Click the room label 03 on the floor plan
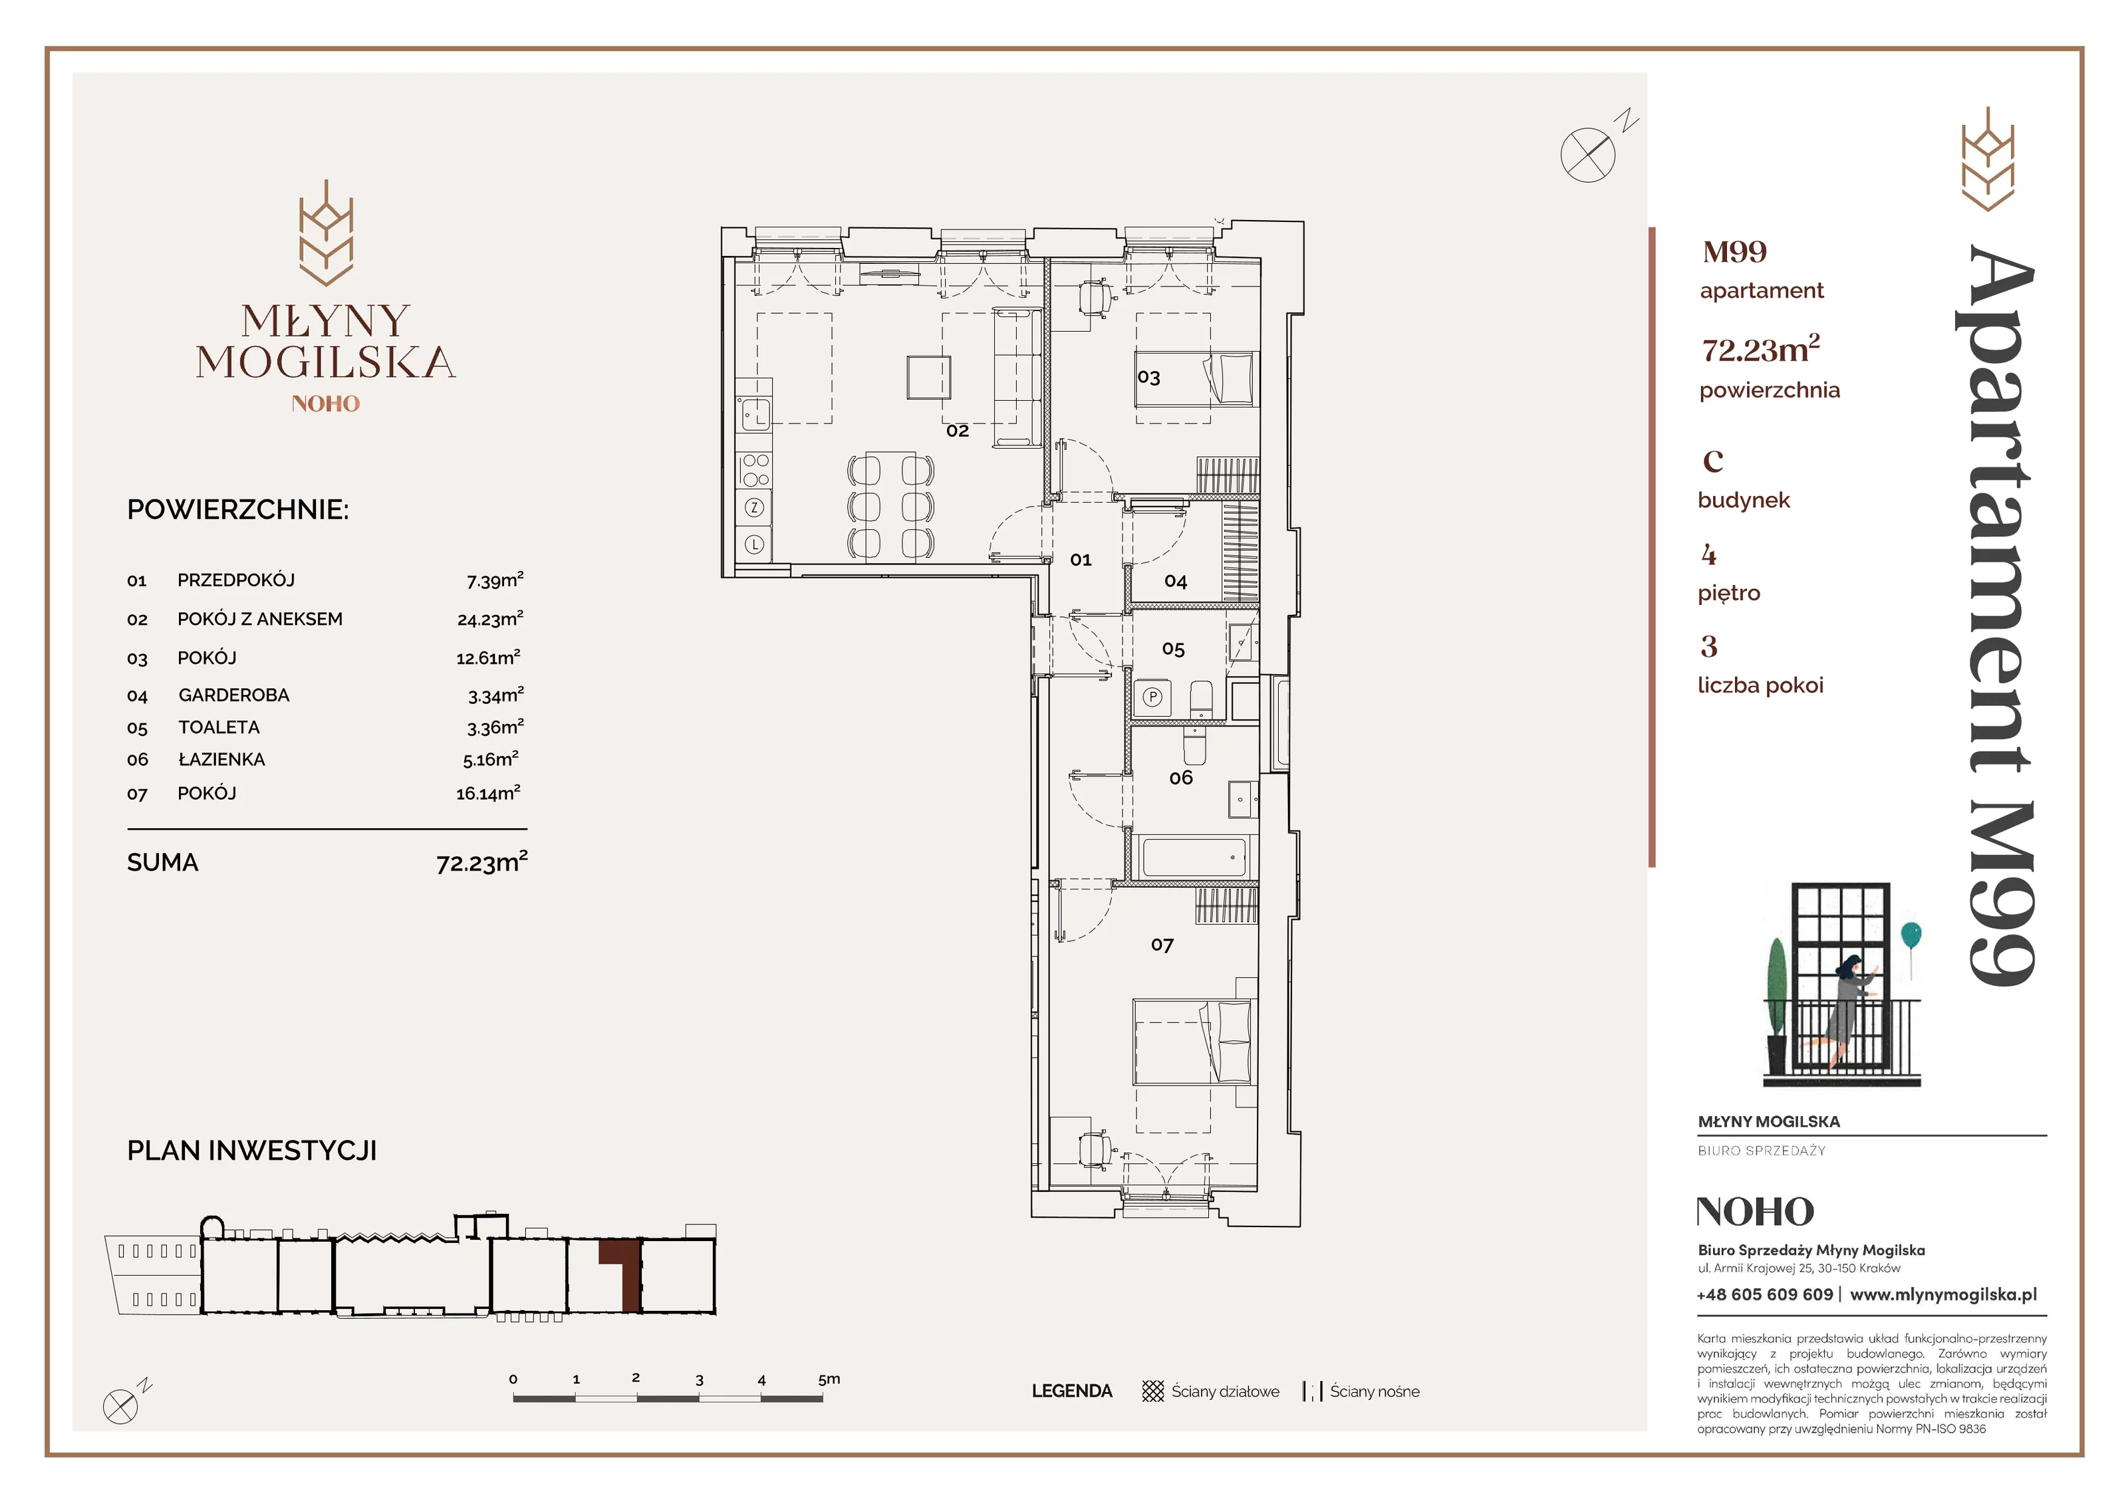pyautogui.click(x=1148, y=377)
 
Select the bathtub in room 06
pyautogui.click(x=1194, y=857)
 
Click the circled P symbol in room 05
pyautogui.click(x=1152, y=697)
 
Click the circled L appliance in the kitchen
pyautogui.click(x=754, y=545)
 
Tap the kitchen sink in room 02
pyautogui.click(x=754, y=414)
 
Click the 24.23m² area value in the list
pyautogui.click(x=490, y=619)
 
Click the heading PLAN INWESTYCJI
pyautogui.click(x=252, y=1151)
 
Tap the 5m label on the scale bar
pyautogui.click(x=829, y=1379)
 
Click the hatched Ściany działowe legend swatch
pyautogui.click(x=1153, y=1391)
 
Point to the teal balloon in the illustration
pyautogui.click(x=1911, y=935)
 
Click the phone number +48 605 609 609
pyautogui.click(x=1765, y=1294)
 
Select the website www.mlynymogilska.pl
pyautogui.click(x=1944, y=1294)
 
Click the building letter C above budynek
pyautogui.click(x=1713, y=461)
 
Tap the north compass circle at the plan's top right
pyautogui.click(x=1587, y=155)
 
